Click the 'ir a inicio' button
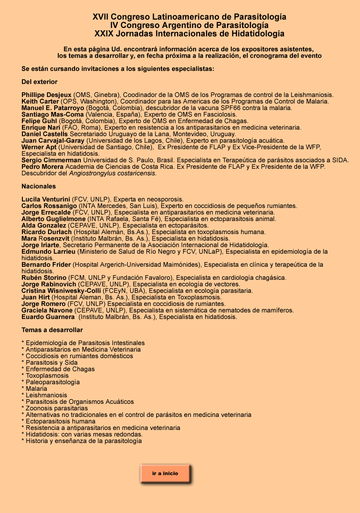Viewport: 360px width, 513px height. [165, 473]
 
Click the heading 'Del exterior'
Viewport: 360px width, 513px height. [39, 82]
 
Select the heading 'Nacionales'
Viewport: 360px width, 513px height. [38, 186]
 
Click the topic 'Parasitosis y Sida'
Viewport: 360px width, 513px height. [52, 362]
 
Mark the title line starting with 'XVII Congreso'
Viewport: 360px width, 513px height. [189, 17]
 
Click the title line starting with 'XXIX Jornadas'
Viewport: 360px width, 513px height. [189, 34]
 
